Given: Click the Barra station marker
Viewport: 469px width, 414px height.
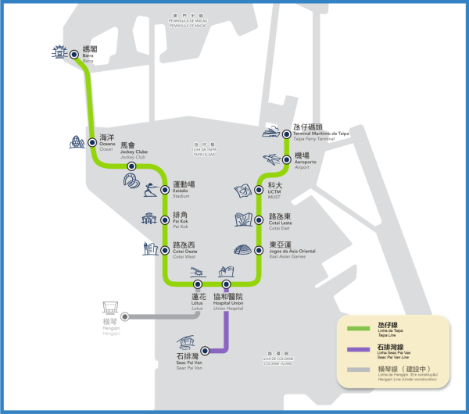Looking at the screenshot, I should (x=74, y=55).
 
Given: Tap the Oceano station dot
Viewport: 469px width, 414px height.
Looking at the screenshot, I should (x=91, y=141).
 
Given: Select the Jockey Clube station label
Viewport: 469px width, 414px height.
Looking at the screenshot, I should (x=133, y=151).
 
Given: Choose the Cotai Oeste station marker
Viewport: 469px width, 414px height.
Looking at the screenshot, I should (x=165, y=251).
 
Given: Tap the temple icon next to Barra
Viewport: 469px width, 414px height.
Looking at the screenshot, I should (x=57, y=54).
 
